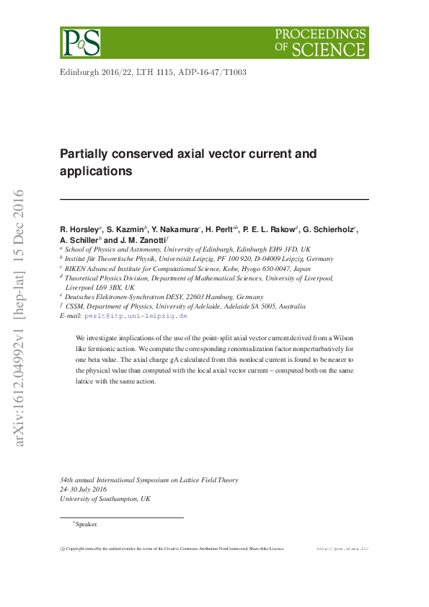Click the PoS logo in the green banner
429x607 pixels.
click(80, 43)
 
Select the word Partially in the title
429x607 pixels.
click(84, 154)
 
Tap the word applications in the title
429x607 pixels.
click(96, 172)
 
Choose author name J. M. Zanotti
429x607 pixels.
click(143, 240)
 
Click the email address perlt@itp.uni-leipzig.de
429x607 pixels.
click(136, 316)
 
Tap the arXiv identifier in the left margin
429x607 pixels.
click(19, 317)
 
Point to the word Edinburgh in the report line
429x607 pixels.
click(78, 73)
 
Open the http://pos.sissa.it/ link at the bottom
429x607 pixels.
click(342, 549)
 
